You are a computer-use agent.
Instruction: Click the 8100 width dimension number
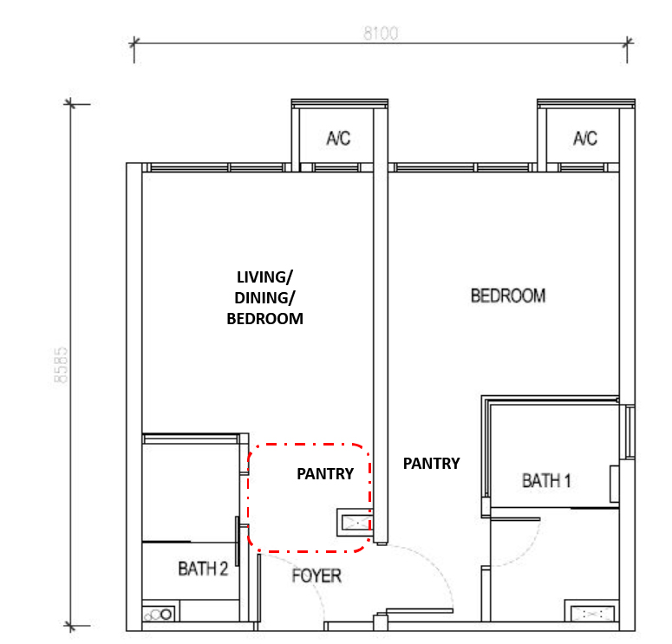(x=381, y=34)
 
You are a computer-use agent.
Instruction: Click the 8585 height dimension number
(x=61, y=365)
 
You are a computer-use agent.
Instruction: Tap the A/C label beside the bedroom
(x=585, y=139)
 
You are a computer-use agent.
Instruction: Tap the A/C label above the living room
(x=338, y=139)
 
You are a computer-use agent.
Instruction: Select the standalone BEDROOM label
(x=508, y=296)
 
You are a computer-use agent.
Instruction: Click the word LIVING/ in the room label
(x=264, y=277)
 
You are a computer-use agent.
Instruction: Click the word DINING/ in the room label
(x=264, y=298)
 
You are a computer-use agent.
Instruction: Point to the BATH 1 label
(x=546, y=481)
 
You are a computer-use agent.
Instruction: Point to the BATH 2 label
(x=203, y=569)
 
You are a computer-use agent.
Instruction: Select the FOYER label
(x=316, y=576)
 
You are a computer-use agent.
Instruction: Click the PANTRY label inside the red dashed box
(x=325, y=474)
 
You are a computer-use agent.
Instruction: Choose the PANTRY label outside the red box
(x=432, y=464)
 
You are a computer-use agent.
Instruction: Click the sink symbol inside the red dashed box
(x=355, y=523)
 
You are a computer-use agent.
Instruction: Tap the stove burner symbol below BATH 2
(x=159, y=615)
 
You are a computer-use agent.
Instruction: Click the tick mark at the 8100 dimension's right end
(x=628, y=42)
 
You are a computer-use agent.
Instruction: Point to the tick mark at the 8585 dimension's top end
(x=70, y=104)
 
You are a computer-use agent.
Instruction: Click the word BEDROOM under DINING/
(x=264, y=319)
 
